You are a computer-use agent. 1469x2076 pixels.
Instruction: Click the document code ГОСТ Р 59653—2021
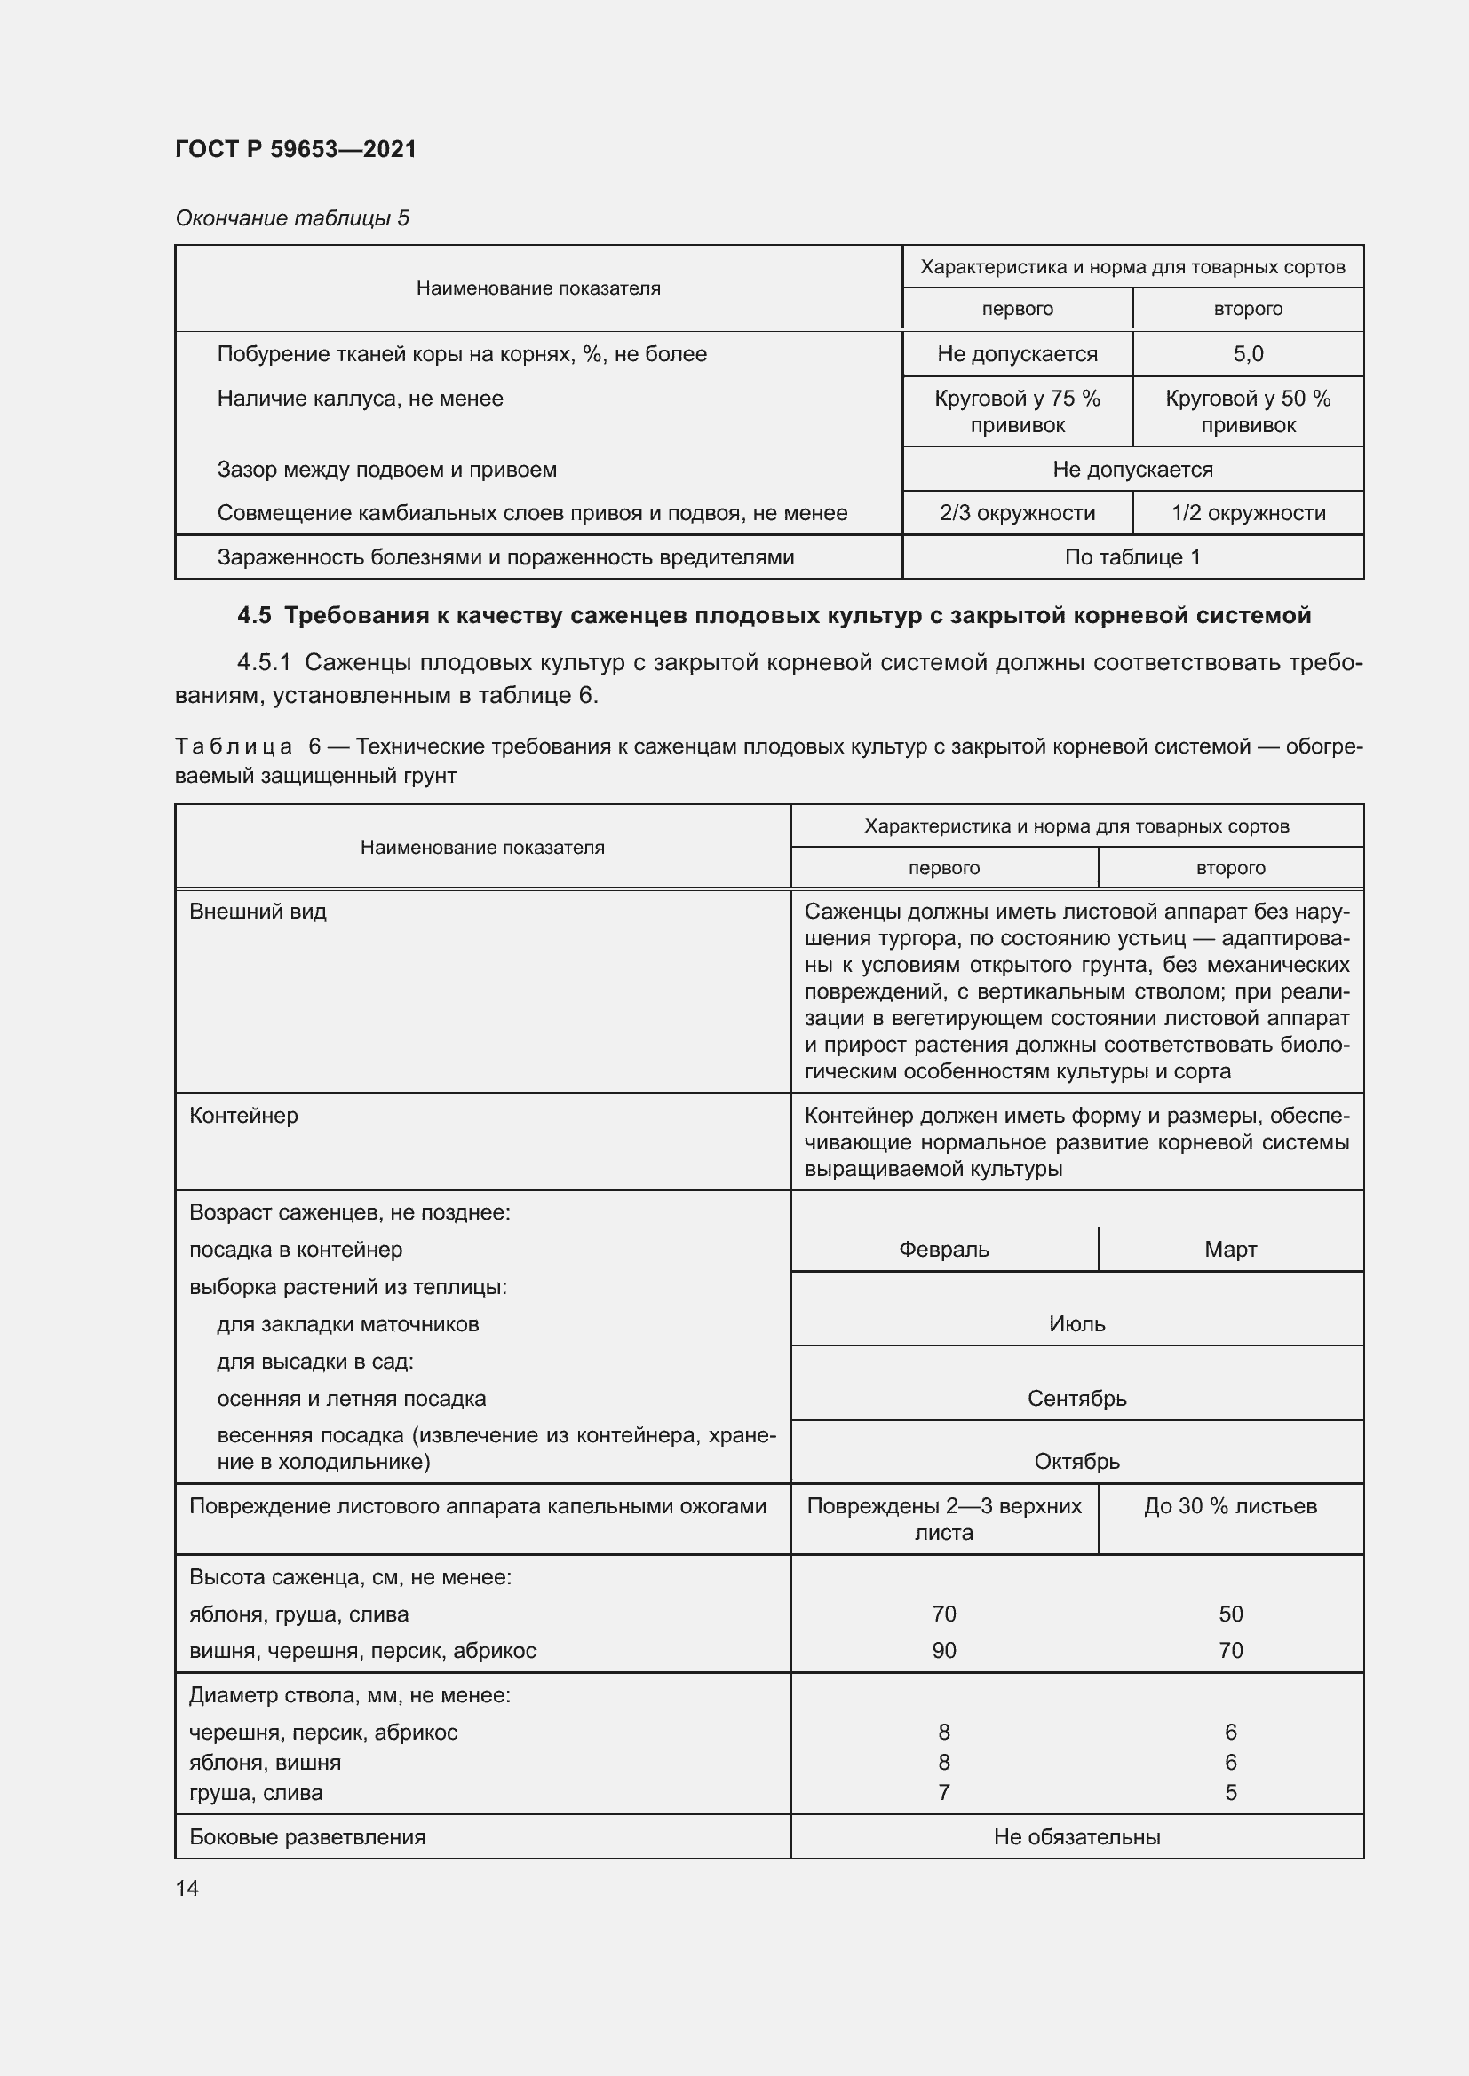296,149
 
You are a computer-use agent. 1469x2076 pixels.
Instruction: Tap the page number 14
187,1888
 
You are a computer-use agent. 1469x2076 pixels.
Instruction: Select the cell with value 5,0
1247,354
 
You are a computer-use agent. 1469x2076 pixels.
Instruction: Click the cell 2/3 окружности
1017,514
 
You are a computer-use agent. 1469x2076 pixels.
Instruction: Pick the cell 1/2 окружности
1247,514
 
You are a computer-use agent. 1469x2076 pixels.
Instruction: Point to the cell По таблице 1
1132,557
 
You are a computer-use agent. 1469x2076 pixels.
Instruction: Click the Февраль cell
943,1250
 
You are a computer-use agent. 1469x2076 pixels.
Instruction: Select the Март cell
1230,1250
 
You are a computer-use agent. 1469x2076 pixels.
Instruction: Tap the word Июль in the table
1076,1323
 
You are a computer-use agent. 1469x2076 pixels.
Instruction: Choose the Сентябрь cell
1076,1399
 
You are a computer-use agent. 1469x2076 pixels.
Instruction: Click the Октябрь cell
1076,1461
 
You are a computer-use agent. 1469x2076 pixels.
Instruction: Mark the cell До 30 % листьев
1230,1506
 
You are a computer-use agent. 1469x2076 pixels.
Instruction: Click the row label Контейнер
243,1116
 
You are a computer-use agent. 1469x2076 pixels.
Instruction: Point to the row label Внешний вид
258,912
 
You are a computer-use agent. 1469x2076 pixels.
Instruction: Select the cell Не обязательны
1076,1837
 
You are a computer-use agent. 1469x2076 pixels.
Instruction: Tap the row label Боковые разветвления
306,1837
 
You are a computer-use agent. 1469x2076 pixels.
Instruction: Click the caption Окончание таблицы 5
292,218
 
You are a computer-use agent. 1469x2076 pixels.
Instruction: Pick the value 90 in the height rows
943,1651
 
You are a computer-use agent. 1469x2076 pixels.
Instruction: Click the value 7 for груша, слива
943,1793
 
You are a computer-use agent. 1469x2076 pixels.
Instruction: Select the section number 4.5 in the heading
254,616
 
